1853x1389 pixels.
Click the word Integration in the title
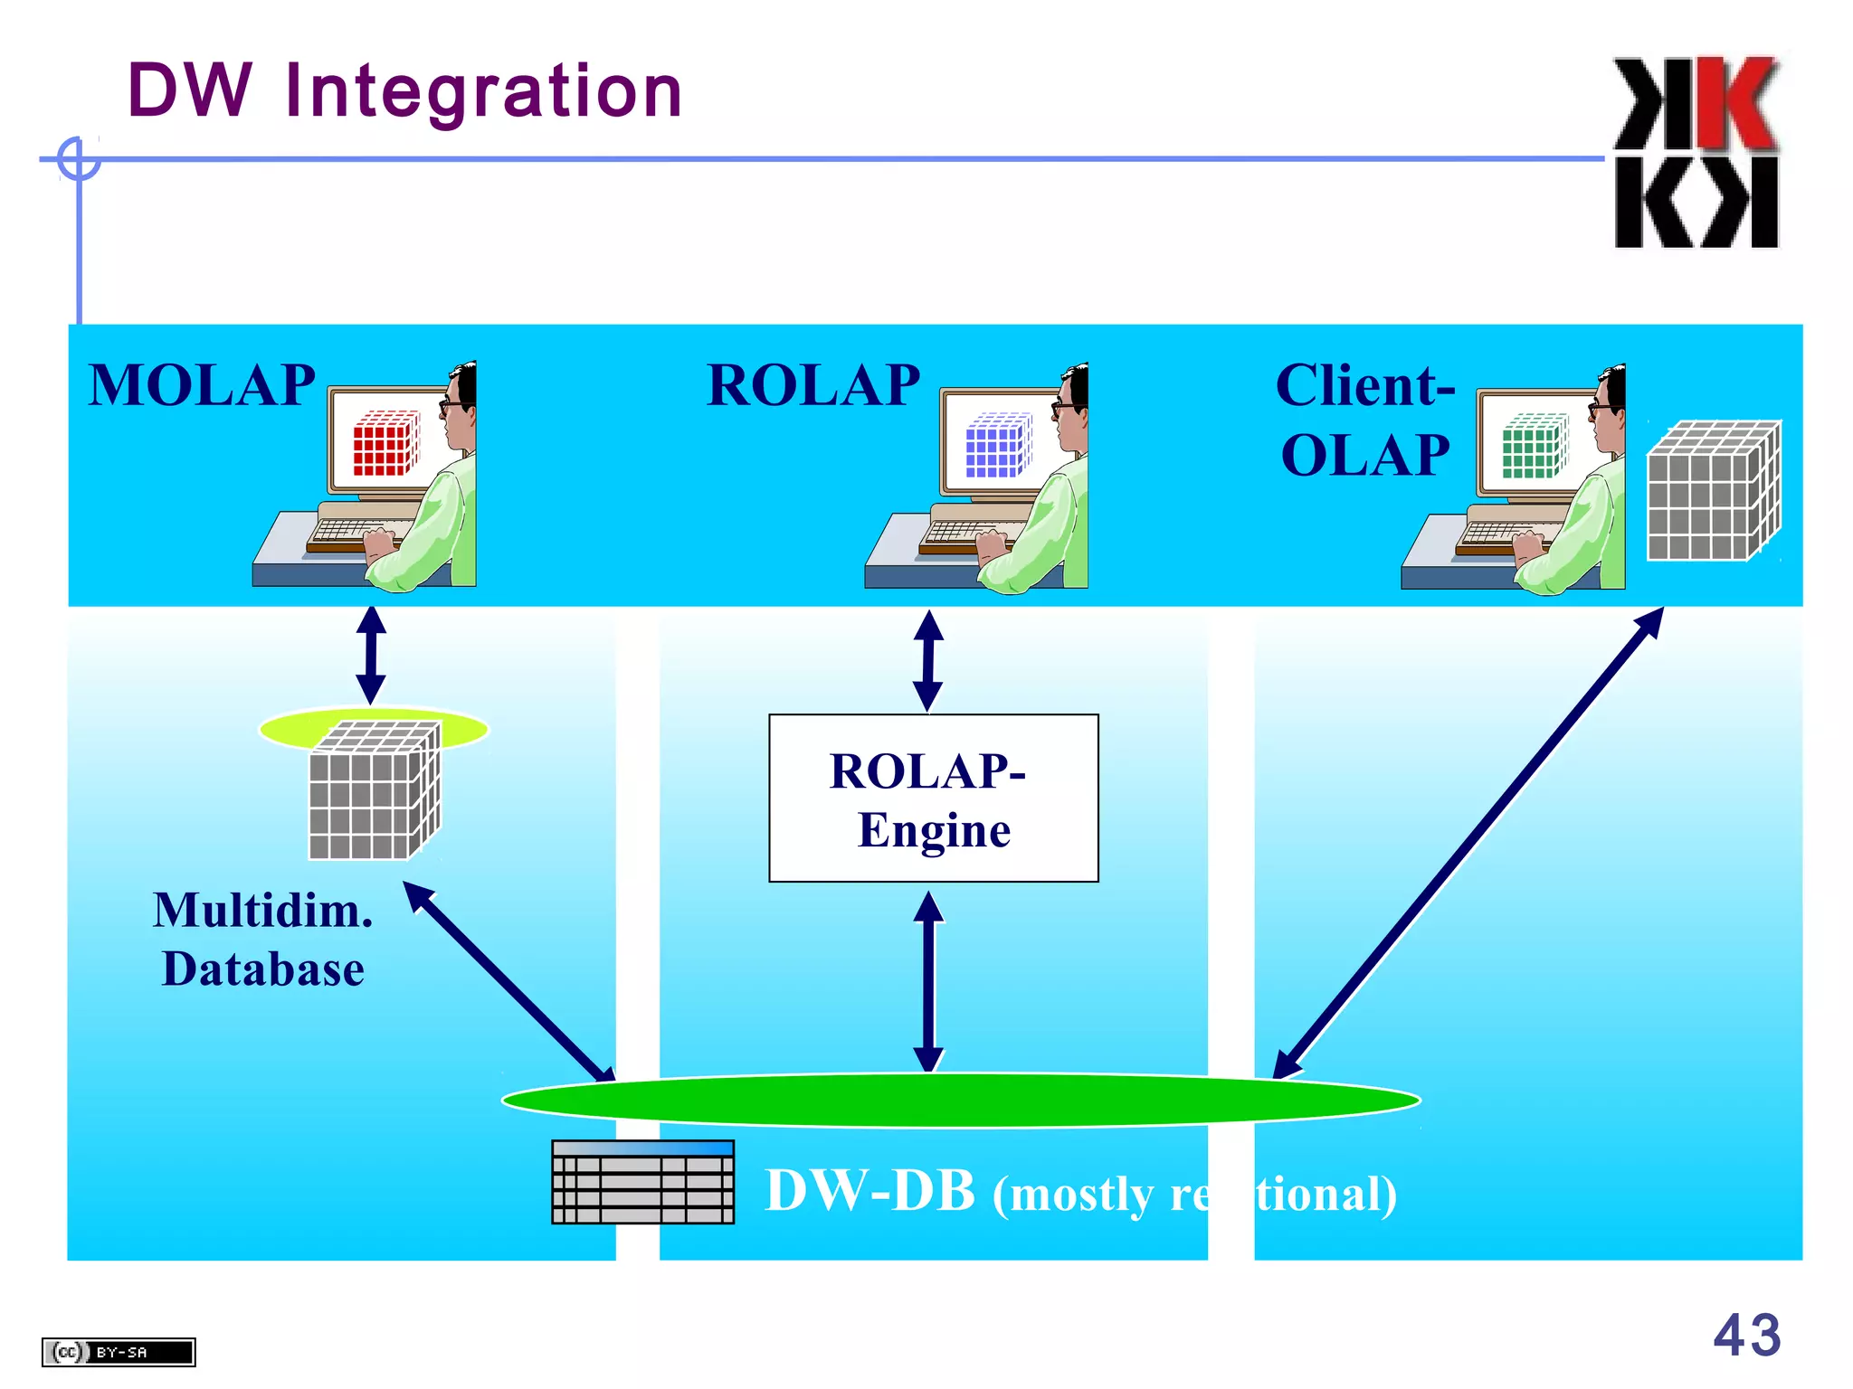[x=483, y=92]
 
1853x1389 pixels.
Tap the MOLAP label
[x=202, y=386]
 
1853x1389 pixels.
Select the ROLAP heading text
[x=812, y=386]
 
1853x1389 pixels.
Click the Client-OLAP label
[x=1365, y=420]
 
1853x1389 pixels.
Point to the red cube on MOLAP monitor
[x=386, y=443]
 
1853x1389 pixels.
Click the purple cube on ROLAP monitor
[x=998, y=445]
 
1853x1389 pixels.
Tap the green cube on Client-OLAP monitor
[x=1535, y=446]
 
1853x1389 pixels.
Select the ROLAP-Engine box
[x=933, y=798]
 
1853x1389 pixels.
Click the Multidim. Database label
[x=262, y=940]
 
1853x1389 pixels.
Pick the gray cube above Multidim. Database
[x=374, y=792]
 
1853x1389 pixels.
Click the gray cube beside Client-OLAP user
[x=1713, y=491]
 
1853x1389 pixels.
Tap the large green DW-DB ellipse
[x=961, y=1101]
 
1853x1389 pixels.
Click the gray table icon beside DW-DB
[x=642, y=1182]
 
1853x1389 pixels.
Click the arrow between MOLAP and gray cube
[x=371, y=656]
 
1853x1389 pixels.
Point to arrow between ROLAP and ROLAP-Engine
[x=928, y=661]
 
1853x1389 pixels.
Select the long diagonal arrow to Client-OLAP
[x=1468, y=843]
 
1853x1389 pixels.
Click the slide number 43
[x=1746, y=1336]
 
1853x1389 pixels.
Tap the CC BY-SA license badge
[x=119, y=1352]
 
